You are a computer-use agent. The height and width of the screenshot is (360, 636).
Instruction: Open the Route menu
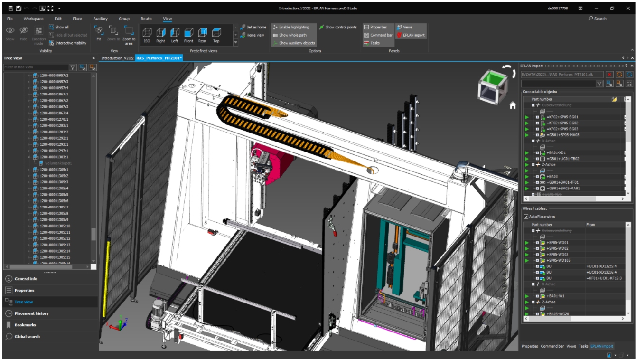(x=146, y=19)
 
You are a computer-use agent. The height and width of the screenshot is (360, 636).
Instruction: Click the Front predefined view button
(x=188, y=35)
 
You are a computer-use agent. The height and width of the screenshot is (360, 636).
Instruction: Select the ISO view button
(x=147, y=35)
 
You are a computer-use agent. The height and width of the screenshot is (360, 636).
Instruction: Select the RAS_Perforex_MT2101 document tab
(x=159, y=58)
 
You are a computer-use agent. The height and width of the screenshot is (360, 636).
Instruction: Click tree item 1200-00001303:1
(x=54, y=157)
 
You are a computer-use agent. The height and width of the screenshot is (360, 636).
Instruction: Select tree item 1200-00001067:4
(x=54, y=113)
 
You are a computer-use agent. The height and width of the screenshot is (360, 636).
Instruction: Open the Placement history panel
(x=31, y=313)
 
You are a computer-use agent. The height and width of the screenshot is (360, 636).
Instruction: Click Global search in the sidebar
(x=27, y=336)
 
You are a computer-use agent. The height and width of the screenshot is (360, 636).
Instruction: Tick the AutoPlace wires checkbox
(x=526, y=217)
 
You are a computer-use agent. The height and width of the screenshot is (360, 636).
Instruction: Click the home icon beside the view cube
(x=513, y=106)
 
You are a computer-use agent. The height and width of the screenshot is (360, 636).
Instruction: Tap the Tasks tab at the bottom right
(x=583, y=346)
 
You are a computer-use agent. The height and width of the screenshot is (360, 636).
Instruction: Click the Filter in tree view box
(x=36, y=67)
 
